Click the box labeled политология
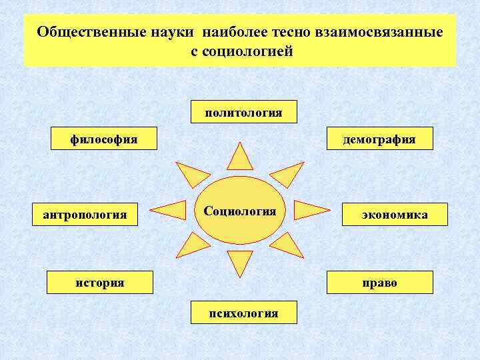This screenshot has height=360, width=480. pos(244,112)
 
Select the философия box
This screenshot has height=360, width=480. pos(105,139)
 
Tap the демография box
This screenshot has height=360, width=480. pos(379,139)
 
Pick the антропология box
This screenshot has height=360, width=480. pos(85,215)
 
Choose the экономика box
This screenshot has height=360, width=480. pos(395,215)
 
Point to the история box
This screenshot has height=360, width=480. pos(99,282)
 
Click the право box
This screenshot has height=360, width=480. pos(379,282)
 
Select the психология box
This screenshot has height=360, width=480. pos(244,312)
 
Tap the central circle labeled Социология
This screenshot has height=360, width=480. pos(240,211)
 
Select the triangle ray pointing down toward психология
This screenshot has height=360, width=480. pos(239,262)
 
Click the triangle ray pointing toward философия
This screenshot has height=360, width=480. pos(191,175)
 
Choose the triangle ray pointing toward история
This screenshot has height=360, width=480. pos(193,245)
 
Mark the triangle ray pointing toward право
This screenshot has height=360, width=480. pos(287,245)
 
